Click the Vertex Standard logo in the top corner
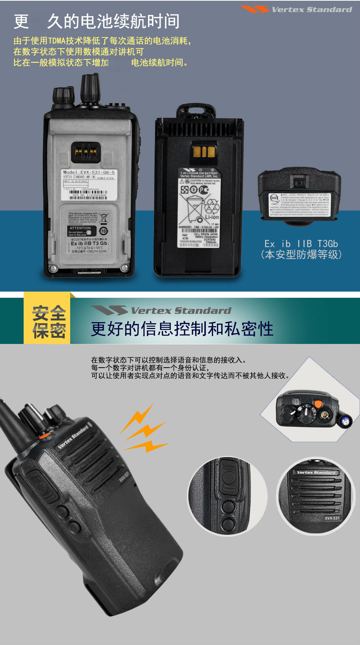coord(296,9)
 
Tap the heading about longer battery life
coord(96,21)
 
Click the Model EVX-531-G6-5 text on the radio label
coord(89,172)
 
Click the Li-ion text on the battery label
coord(212,217)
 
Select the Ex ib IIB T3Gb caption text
coord(301,244)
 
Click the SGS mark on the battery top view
coord(274,198)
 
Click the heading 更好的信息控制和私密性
coord(182,329)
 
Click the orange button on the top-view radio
coord(318,404)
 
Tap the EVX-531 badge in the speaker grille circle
coord(332,518)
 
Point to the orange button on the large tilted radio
coord(44,435)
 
